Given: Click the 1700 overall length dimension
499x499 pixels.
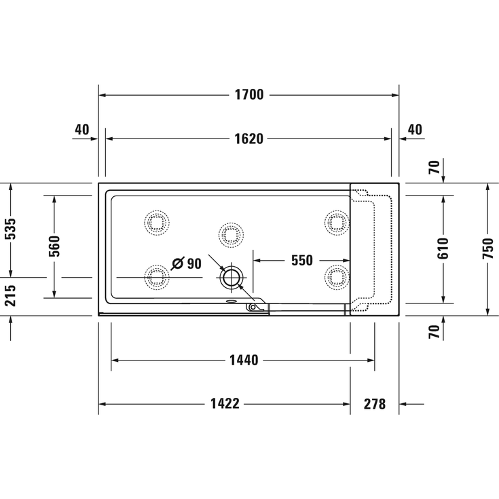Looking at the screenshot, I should (248, 95).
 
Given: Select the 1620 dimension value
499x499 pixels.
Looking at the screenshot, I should (248, 138).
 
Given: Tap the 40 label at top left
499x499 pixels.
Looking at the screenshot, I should (82, 130).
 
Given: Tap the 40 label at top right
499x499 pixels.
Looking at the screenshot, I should (415, 130).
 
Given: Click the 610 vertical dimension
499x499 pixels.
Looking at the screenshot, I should (443, 248).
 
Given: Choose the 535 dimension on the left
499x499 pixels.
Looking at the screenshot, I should (10, 230).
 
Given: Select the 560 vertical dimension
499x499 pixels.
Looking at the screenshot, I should (54, 246).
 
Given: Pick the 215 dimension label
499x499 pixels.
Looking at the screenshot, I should (10, 296).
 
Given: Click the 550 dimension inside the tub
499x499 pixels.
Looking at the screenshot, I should (301, 260).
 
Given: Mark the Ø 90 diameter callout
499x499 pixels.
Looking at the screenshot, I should (187, 263).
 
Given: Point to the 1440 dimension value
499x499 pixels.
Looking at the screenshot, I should (243, 360).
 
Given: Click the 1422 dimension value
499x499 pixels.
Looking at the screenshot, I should (225, 404).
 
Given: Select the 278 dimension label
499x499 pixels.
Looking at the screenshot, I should (374, 404).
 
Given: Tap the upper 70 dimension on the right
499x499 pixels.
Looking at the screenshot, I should (435, 166).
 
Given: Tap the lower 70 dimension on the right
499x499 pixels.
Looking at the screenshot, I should (435, 332).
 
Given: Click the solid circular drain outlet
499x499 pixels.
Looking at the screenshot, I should (232, 277).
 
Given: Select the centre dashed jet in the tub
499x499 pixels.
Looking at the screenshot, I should (231, 234).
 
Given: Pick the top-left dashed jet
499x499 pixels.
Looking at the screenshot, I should (158, 221).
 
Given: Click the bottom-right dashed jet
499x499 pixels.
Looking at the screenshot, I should (336, 276).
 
